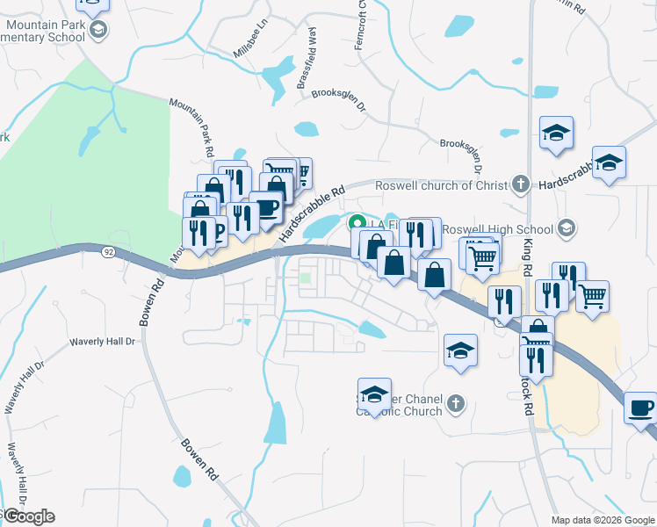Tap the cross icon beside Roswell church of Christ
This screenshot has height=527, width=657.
[x=520, y=184]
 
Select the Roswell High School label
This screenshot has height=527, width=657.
[x=497, y=229]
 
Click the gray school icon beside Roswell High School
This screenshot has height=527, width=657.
[x=567, y=228]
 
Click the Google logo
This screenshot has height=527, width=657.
[x=28, y=516]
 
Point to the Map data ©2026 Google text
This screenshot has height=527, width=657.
[x=602, y=520]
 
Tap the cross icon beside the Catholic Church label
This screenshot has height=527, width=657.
[x=455, y=403]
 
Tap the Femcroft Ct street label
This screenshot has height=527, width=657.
[x=359, y=25]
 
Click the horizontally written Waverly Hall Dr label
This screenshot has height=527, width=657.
[x=105, y=341]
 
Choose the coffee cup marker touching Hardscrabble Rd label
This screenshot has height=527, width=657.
[x=266, y=208]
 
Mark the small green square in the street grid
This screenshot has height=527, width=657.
[x=306, y=279]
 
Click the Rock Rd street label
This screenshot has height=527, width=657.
[x=528, y=395]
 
